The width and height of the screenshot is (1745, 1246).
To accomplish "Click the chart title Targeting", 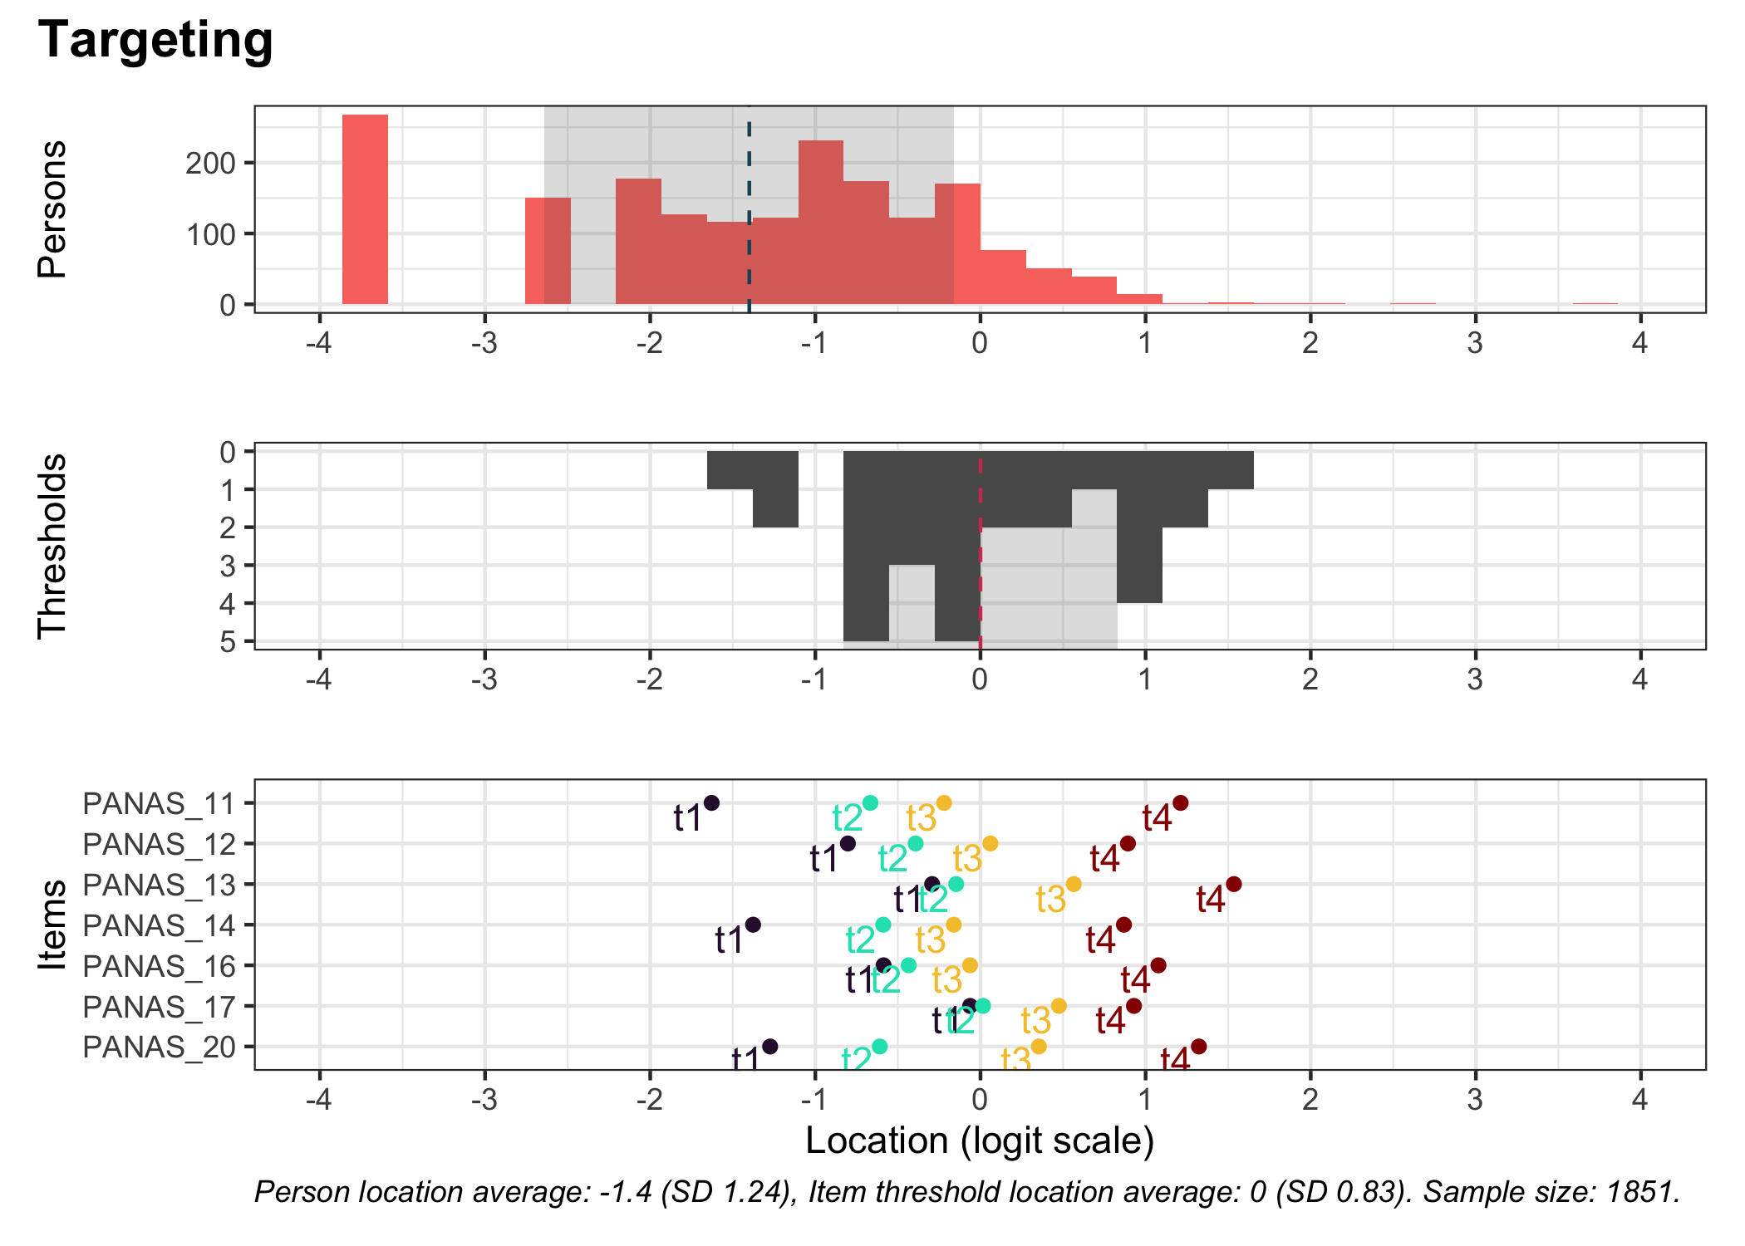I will point(155,40).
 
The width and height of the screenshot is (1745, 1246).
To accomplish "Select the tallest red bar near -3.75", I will point(365,209).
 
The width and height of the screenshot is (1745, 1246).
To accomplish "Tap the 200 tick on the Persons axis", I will point(210,164).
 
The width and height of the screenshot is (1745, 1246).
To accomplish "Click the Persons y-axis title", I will point(52,208).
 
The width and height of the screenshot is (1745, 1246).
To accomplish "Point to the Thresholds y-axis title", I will point(52,546).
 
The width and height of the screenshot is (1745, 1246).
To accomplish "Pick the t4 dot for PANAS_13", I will point(1234,884).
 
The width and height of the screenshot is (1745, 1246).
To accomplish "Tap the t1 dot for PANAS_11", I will point(711,802).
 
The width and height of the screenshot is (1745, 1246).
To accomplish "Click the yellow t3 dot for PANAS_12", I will point(990,843).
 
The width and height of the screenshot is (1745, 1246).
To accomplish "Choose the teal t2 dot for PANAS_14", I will point(882,925).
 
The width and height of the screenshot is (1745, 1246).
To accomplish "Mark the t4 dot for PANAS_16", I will point(1158,965).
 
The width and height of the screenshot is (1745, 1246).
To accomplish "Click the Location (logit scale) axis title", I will point(980,1141).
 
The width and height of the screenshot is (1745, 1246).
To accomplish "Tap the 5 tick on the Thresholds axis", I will point(227,642).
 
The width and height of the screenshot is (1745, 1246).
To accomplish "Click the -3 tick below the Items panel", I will point(484,1100).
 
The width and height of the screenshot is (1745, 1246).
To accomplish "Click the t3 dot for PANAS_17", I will point(1059,1006).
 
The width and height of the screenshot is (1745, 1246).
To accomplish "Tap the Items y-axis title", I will point(52,925).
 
